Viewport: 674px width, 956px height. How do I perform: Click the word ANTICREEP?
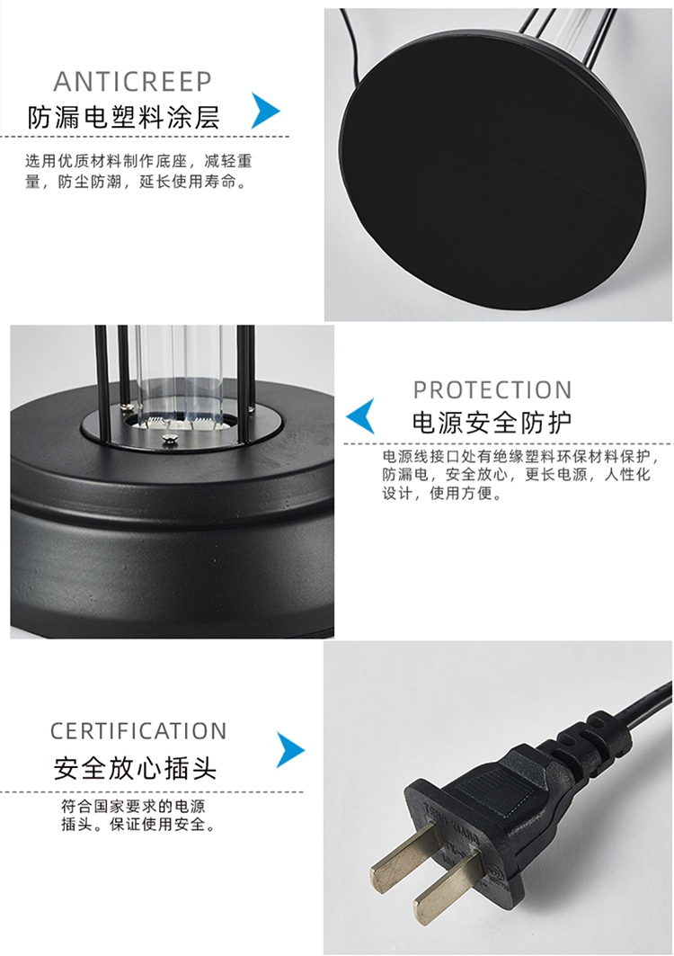click(x=133, y=82)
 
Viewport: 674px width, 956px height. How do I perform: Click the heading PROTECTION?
click(x=492, y=390)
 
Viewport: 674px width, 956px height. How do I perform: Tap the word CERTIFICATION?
click(x=138, y=731)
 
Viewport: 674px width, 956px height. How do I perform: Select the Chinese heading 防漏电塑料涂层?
click(x=123, y=117)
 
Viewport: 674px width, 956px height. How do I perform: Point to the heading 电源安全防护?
click(x=492, y=423)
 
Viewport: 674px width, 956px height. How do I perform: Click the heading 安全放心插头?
click(x=135, y=768)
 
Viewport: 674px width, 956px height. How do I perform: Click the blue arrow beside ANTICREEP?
click(x=266, y=111)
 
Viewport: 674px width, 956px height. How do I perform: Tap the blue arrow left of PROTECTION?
click(x=360, y=415)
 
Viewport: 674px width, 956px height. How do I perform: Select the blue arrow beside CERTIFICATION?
click(x=290, y=749)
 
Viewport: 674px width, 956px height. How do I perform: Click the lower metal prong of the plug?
click(x=448, y=887)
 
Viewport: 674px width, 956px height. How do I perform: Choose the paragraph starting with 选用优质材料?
click(x=138, y=171)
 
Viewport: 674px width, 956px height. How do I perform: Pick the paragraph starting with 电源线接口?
click(x=519, y=474)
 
